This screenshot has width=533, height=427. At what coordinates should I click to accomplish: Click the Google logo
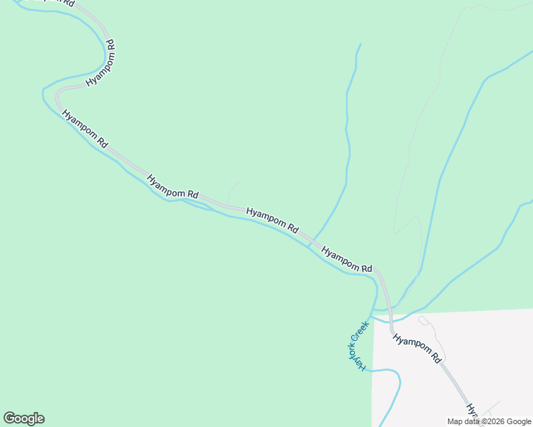coord(24,418)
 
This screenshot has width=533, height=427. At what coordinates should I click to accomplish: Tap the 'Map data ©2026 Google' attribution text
coord(489,421)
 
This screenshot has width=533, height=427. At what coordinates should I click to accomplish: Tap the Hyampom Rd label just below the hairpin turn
coord(85,129)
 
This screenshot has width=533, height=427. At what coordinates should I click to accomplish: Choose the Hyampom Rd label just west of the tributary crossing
coord(272,220)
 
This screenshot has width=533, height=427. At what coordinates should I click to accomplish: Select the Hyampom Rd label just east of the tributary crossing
coord(347,260)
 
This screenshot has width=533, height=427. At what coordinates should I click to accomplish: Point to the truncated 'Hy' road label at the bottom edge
coord(472,411)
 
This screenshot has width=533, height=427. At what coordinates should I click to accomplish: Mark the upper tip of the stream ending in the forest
coord(360,45)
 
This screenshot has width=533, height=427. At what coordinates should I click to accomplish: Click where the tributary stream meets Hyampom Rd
coord(311,241)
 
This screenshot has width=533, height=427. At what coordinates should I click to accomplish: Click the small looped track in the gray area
coord(425,321)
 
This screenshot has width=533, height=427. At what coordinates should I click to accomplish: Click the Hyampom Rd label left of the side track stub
coord(173,185)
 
